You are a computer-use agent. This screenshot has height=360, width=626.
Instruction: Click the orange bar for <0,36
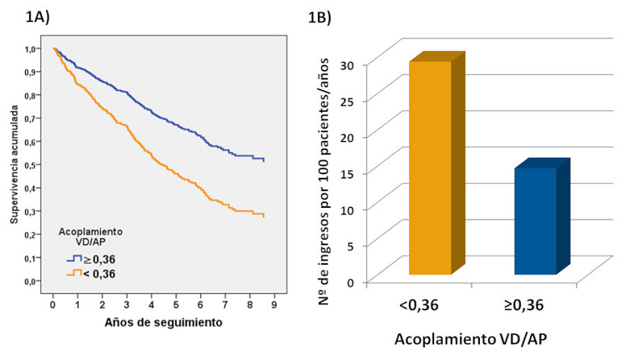tap(430, 167)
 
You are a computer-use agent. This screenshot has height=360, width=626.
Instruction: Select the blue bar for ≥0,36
tap(535, 221)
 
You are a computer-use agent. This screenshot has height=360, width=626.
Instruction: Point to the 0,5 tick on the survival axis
tap(30, 165)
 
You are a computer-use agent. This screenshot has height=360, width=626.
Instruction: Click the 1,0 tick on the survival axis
tap(30, 48)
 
